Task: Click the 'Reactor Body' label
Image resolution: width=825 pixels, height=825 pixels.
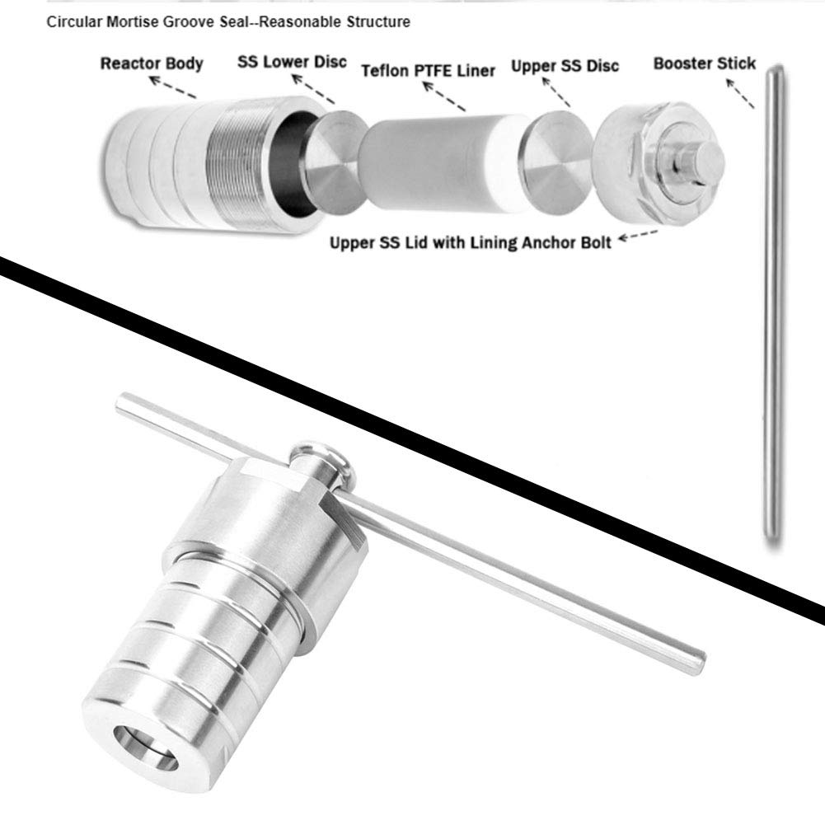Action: [151, 63]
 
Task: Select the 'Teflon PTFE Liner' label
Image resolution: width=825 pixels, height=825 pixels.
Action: [429, 70]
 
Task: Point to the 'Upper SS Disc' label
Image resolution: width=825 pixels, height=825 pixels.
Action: [565, 64]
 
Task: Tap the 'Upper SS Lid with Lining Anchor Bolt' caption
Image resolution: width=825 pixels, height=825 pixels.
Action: [470, 243]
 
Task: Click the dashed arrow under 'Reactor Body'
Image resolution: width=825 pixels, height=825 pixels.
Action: [173, 87]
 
